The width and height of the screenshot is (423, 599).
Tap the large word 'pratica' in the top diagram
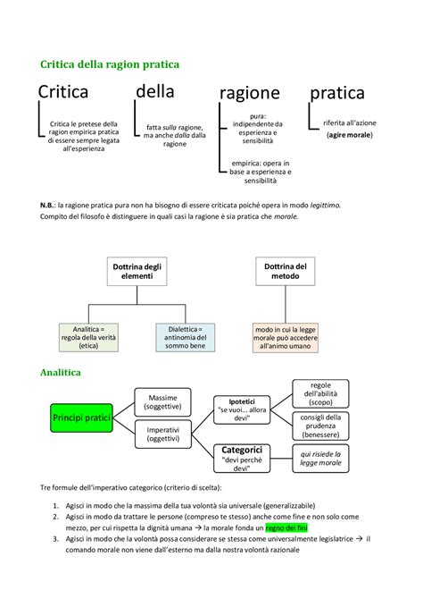(x=336, y=92)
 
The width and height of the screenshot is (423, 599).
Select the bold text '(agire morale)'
(x=349, y=134)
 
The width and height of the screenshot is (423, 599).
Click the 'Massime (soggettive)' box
(x=163, y=401)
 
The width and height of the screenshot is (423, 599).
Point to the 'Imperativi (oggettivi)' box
(x=163, y=435)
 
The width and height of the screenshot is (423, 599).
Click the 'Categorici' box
(x=241, y=457)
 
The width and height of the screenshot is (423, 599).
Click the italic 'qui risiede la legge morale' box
(x=321, y=459)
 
